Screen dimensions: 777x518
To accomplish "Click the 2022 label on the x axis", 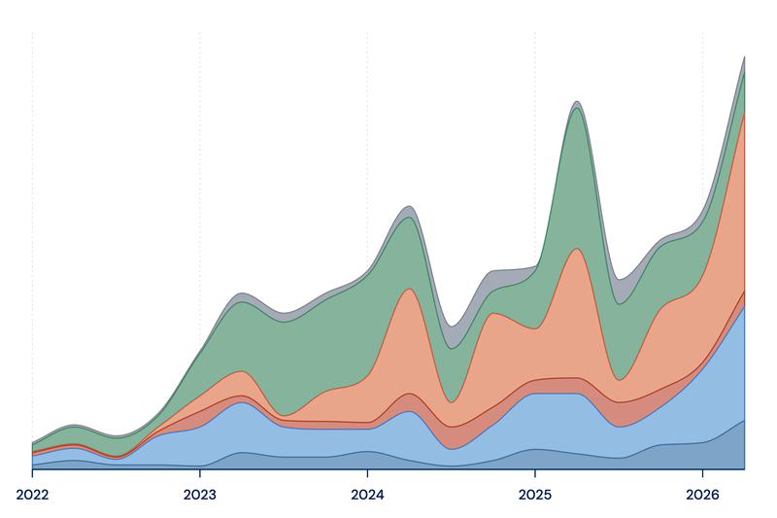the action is (x=32, y=495).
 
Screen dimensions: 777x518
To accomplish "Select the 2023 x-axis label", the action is (x=200, y=495).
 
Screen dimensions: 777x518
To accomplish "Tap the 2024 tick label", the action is (x=367, y=495).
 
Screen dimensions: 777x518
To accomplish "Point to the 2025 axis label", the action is (x=535, y=495).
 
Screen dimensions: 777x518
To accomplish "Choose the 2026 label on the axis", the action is (x=702, y=495).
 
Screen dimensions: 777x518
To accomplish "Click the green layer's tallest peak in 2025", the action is (x=576, y=108).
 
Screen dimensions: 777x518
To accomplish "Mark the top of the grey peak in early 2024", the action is (x=408, y=206).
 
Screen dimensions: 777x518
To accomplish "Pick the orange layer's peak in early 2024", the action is (x=408, y=289).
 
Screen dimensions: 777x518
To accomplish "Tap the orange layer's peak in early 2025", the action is (x=576, y=249).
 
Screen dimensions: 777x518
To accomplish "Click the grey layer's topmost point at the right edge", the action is (x=744, y=56).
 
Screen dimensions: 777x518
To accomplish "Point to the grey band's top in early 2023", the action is (x=241, y=293).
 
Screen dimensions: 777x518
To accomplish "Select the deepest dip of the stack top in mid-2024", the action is (x=450, y=327).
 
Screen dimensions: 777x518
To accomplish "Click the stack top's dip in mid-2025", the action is (x=618, y=280).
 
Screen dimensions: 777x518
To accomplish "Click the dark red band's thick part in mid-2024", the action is (x=451, y=437).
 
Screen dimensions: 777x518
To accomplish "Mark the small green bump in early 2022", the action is (x=74, y=434).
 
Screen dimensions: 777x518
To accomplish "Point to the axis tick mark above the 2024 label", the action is (x=367, y=472).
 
